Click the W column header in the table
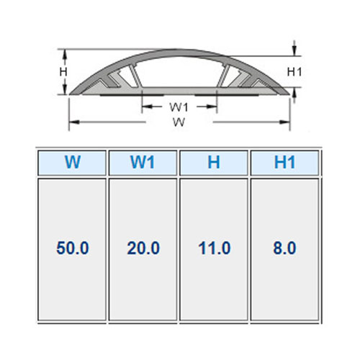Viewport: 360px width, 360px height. [x=72, y=163]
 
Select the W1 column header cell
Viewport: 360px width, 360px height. [x=143, y=163]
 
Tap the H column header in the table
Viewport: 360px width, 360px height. [x=214, y=163]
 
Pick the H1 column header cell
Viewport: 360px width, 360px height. [x=284, y=163]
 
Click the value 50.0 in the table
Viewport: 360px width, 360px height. [x=73, y=248]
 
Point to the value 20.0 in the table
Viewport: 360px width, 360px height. [x=143, y=248]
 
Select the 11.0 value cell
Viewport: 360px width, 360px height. [x=215, y=248]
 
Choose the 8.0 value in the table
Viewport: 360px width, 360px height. [x=284, y=248]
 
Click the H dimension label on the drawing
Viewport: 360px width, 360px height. [x=63, y=72]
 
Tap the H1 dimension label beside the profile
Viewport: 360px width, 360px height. [x=294, y=72]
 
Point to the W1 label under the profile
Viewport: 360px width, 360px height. [x=179, y=107]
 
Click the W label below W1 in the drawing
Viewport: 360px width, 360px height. [x=179, y=122]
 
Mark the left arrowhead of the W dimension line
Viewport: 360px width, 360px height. [x=74, y=122]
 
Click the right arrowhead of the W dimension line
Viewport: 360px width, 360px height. [x=285, y=122]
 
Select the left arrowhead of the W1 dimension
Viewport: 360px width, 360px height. [x=147, y=107]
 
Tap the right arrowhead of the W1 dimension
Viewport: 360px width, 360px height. [x=212, y=107]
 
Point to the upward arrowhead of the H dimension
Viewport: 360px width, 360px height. [x=64, y=55]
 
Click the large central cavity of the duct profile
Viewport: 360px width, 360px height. [x=179, y=72]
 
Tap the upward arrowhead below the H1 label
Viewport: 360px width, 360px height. [x=295, y=93]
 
